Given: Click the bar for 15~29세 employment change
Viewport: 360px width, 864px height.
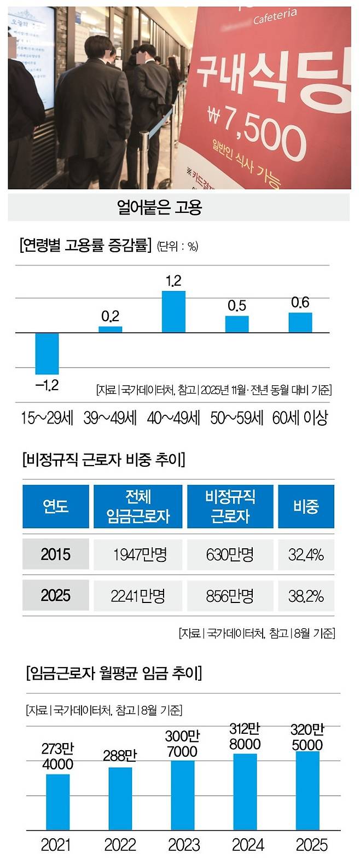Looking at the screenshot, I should (47, 353).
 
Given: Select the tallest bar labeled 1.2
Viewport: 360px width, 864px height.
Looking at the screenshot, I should (173, 312).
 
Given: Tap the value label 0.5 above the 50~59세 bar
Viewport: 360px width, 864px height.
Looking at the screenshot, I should (237, 306).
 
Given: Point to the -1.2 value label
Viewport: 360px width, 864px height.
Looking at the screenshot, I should (47, 385).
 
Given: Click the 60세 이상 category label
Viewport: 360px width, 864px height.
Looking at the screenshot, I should (300, 418).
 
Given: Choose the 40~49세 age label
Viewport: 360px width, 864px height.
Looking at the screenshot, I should (173, 418).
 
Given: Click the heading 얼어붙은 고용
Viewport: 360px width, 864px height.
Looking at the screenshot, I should (159, 207).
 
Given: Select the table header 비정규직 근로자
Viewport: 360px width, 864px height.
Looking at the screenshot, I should (230, 506).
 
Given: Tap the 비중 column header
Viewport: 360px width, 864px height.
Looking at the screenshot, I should (305, 506).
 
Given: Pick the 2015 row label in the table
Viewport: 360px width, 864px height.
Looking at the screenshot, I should (55, 555).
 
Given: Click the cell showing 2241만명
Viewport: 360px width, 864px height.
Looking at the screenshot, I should (138, 596).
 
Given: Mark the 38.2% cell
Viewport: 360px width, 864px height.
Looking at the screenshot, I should (305, 596).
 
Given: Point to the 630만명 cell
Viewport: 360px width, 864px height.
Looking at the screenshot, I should (230, 555).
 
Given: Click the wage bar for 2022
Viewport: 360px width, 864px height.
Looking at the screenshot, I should (120, 799).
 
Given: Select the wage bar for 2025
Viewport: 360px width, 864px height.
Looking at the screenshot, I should (307, 791).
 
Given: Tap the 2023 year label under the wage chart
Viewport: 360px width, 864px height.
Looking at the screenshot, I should (184, 845).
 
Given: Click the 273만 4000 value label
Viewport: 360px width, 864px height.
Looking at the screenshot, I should (57, 756).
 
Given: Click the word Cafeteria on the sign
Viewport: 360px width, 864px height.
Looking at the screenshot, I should (275, 17).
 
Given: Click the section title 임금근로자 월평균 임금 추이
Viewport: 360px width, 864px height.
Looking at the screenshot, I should (114, 672).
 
